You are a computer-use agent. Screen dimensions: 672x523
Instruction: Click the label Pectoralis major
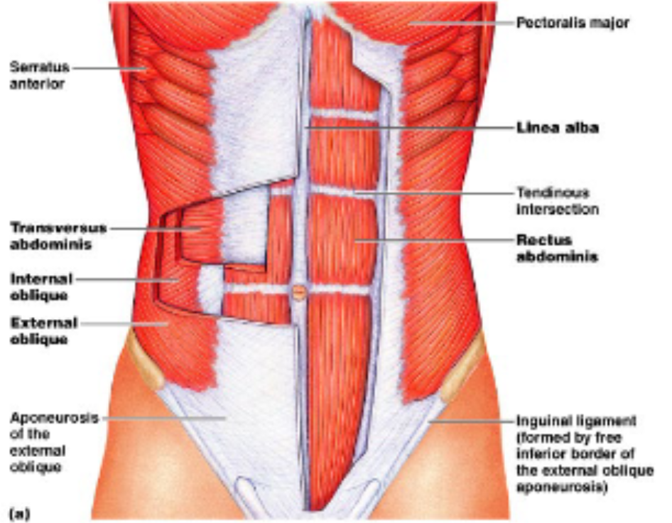click(573, 22)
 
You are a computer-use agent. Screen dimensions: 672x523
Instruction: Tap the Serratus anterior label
click(40, 75)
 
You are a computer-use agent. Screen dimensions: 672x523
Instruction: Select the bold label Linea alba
click(558, 128)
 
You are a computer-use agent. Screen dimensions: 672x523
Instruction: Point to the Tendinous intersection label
click(558, 201)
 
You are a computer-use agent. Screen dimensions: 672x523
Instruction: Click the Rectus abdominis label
click(557, 248)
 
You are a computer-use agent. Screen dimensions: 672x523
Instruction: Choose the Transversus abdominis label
click(58, 236)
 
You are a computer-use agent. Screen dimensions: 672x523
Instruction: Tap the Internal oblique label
click(41, 287)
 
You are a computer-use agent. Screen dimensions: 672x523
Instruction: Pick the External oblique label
click(44, 331)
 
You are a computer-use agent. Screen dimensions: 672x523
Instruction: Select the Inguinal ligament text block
click(585, 454)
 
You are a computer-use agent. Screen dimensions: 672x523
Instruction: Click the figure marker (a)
click(20, 513)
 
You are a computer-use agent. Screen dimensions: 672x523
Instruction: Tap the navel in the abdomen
click(299, 292)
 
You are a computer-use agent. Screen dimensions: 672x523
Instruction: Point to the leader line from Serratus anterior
click(110, 68)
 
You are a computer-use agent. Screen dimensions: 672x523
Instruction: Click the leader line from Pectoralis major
click(461, 23)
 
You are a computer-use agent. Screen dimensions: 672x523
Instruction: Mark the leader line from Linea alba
click(409, 128)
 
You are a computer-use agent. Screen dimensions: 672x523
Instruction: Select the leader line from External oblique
click(124, 324)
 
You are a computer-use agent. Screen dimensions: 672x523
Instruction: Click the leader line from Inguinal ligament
click(472, 421)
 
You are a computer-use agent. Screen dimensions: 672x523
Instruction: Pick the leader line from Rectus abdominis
click(435, 240)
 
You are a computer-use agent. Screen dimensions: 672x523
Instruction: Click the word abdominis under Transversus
click(50, 244)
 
